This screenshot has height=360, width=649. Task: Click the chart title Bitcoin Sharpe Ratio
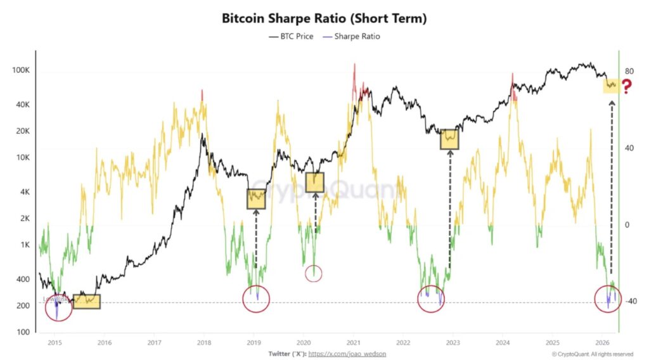coord(324,18)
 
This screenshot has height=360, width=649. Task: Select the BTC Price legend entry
coord(291,36)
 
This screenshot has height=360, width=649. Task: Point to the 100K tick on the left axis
coord(21,70)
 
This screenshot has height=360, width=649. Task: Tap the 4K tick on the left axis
coord(25,191)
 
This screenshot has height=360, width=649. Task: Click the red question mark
coord(627,87)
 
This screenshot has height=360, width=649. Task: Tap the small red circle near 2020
coord(314,273)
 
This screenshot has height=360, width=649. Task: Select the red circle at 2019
coord(256,299)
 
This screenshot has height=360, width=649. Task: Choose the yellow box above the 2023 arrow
coord(449,138)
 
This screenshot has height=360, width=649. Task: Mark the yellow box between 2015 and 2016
coord(86,302)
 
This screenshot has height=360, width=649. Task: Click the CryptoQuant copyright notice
coord(592,353)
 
